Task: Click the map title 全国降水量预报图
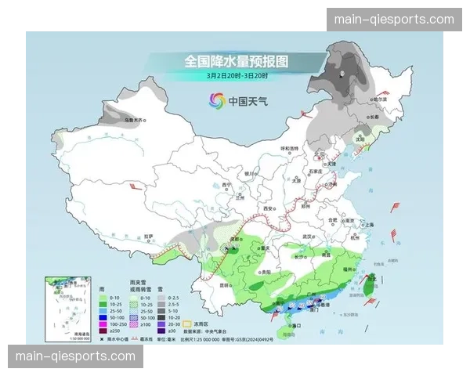coord(236,61)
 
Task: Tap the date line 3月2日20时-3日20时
coord(237,76)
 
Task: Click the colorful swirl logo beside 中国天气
coord(215,101)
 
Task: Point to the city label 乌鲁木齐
coord(135,121)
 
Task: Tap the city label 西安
coord(270,208)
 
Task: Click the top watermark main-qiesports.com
coord(394,19)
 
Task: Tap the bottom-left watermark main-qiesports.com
coord(75,357)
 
